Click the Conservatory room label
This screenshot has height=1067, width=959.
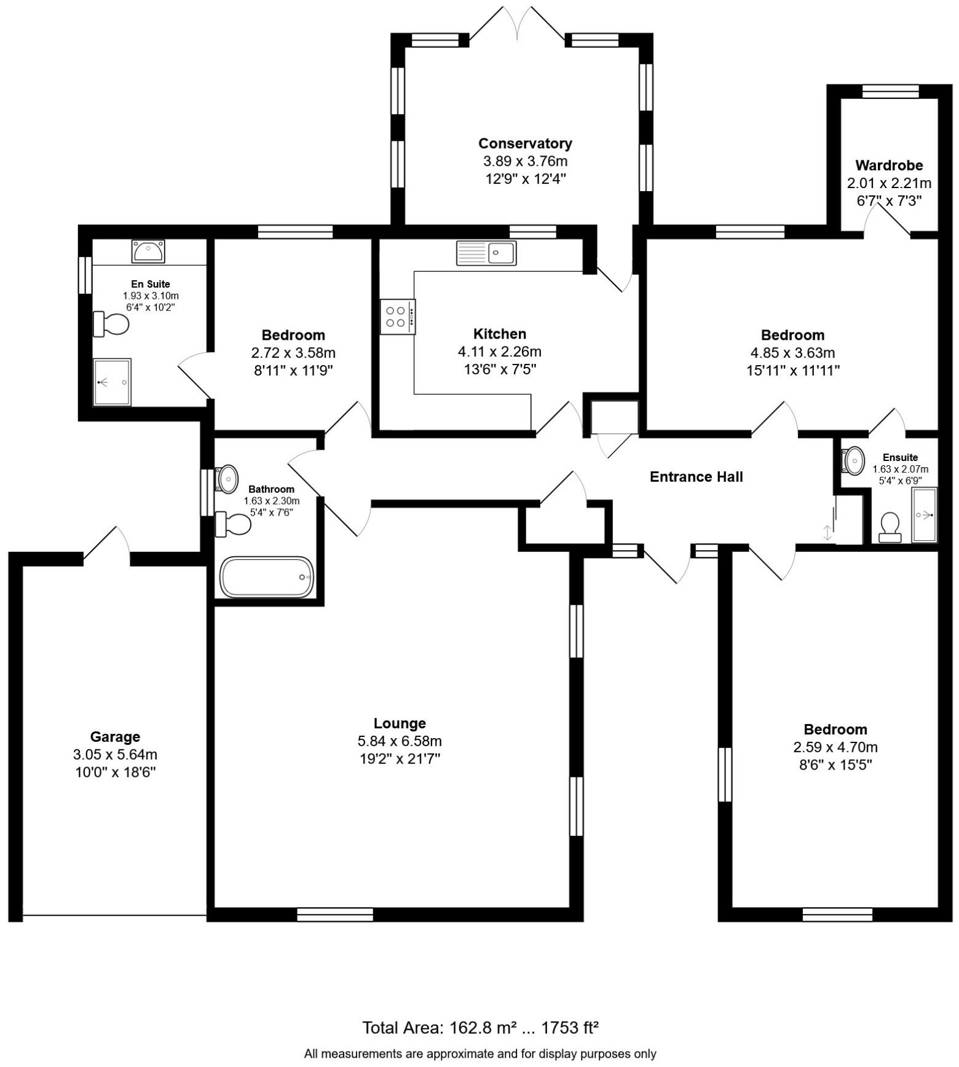coord(525,143)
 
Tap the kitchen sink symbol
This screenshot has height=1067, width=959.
coord(486,253)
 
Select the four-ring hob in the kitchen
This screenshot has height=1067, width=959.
coord(397,317)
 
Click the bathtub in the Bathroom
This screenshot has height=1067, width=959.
coord(266,577)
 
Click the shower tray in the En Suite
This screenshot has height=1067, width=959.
coord(112,382)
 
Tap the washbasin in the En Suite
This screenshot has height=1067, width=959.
coord(148,251)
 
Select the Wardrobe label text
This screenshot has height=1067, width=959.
coord(889,165)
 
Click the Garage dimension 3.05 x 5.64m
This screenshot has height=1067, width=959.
coord(115,754)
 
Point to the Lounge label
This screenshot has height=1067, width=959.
coord(400,723)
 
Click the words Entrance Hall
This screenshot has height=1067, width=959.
coord(696,476)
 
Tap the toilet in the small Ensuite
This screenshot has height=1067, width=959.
coord(890,527)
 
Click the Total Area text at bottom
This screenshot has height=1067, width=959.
coord(480,1027)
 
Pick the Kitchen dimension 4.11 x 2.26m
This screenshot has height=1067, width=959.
coord(499,352)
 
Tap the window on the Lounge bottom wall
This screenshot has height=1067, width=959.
coord(335,914)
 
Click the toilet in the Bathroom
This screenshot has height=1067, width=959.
coord(233,524)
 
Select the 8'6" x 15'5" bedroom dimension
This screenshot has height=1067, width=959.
coord(835,765)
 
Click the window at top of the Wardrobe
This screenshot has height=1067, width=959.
coord(890,92)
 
